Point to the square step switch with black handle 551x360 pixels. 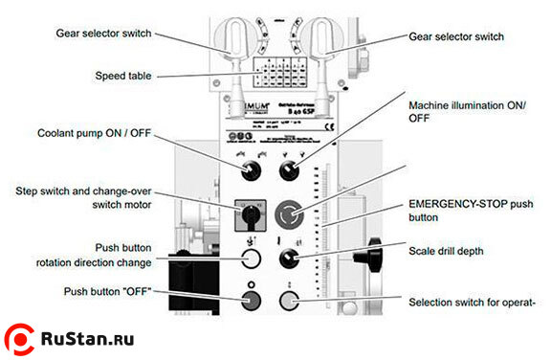pos(252,214)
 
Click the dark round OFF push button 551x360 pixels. pos(252,301)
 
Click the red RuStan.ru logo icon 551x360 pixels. pos(19,337)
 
